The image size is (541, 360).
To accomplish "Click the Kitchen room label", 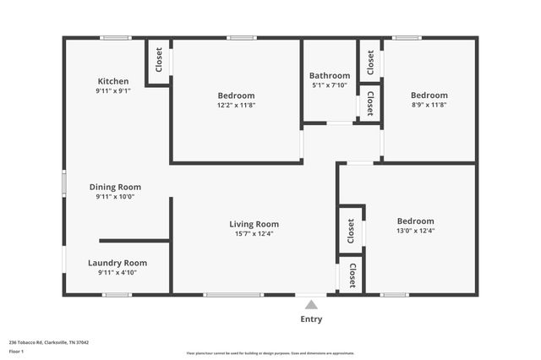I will pos(112,81).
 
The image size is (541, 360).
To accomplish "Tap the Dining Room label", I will pos(115,187).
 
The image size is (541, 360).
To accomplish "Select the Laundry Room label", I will pos(117,263).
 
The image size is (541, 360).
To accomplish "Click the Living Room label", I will pos(254,224).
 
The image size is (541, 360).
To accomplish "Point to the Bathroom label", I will pos(329,74).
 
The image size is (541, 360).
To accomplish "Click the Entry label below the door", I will pos(311,319).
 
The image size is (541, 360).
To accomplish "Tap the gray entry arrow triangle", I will pos(311,305).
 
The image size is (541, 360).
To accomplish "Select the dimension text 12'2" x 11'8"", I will pos(236,105).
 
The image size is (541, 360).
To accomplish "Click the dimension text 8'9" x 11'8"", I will pos(429,105).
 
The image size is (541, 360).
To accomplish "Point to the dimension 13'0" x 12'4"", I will pos(415,231).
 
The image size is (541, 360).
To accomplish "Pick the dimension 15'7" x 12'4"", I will pos(254,234).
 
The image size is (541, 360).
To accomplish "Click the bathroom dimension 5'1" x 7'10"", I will pos(329,85).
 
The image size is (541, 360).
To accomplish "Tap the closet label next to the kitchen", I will pos(158,60).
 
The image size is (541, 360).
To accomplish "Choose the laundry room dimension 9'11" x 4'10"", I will pos(117,273).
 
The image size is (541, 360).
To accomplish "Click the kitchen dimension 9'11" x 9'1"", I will pos(112,90).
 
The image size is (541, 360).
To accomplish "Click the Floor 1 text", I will pos(17,351).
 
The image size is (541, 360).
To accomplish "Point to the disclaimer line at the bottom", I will pos(270,353).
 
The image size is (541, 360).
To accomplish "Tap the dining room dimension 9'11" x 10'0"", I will pos(115,197).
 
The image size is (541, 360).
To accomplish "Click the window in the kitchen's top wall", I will pos(115,37).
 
